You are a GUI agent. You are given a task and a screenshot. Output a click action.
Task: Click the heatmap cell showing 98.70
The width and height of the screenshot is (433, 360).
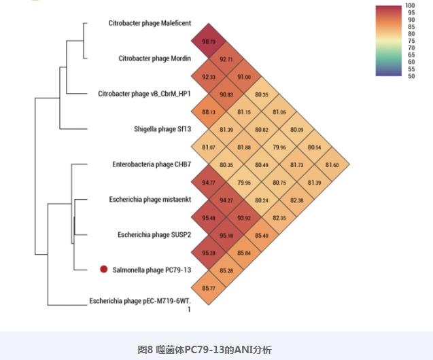point(209,41)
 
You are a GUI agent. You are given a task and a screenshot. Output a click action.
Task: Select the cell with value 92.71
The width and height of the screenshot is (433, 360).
point(226,60)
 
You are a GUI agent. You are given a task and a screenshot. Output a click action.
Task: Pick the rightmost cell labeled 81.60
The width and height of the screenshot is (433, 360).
point(332,164)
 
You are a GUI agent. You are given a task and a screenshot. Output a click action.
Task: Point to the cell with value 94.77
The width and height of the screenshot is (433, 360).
point(209,182)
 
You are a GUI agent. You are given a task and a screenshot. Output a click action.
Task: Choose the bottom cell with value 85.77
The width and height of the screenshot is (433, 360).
point(209,288)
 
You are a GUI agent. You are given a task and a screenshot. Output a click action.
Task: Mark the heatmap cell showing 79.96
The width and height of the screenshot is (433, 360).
point(279,147)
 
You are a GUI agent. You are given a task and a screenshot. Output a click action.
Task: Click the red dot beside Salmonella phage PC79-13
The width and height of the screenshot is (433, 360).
point(103,270)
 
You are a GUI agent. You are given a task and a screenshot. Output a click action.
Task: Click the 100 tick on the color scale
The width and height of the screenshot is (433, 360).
point(411,6)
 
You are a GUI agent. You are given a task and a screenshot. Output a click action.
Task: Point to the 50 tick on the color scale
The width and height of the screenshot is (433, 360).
point(411,76)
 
